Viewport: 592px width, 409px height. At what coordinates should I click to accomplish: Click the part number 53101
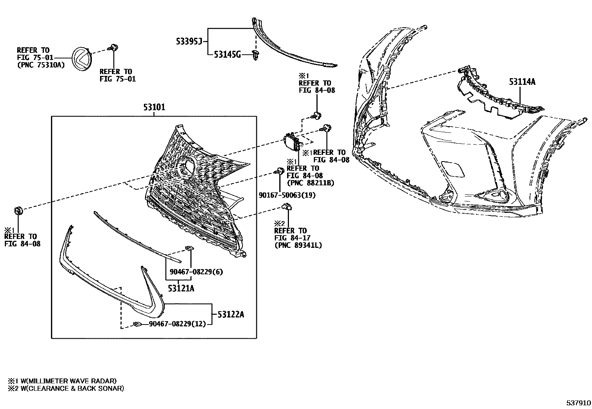tap(154, 108)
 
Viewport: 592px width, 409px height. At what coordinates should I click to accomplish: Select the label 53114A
tap(522, 82)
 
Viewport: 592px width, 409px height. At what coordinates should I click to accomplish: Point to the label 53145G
tap(227, 55)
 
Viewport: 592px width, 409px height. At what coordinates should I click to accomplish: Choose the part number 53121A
tap(181, 288)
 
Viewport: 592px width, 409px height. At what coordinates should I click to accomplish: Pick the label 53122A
tap(231, 314)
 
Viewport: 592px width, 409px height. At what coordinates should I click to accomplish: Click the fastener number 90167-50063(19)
tap(287, 195)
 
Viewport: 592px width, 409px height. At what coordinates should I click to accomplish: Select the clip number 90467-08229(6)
tap(196, 272)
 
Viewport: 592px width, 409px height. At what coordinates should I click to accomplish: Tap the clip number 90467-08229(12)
tap(177, 324)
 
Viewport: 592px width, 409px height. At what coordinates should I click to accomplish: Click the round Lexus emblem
tap(82, 59)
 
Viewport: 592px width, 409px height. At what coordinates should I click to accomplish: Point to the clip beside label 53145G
tap(255, 55)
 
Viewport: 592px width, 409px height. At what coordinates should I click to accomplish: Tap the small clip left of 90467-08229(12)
tap(137, 325)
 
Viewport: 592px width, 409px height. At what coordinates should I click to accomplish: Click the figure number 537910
tap(578, 403)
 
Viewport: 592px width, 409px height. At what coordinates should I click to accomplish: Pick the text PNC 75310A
tap(41, 65)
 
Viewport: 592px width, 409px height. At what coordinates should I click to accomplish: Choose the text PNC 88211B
tap(311, 183)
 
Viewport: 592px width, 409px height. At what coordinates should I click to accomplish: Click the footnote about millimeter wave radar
tap(62, 381)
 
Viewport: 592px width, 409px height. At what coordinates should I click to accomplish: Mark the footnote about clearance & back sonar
tap(66, 389)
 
